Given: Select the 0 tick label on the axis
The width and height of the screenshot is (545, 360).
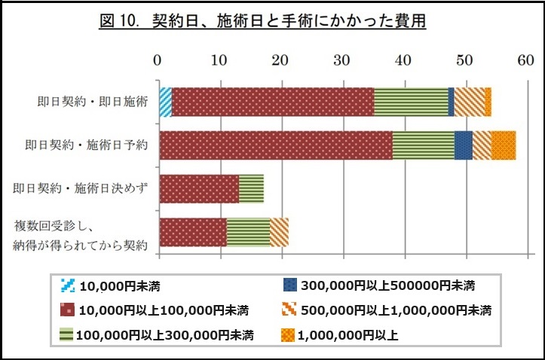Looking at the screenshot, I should [158, 60].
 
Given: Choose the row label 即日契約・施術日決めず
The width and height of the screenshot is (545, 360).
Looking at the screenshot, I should [80, 188].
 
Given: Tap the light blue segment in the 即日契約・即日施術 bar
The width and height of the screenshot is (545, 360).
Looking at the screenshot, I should [165, 102].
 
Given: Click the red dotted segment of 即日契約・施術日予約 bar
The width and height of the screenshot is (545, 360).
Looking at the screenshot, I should [275, 145].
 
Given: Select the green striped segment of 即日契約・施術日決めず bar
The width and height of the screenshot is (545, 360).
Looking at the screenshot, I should [251, 188].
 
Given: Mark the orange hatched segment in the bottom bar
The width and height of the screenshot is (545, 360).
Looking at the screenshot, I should [279, 232].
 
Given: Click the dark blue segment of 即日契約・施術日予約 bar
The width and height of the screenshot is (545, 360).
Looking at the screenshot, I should [463, 145].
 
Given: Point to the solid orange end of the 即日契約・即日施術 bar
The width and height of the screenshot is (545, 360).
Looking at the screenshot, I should [488, 102].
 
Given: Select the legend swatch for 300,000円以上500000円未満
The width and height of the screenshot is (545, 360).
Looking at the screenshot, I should [289, 286].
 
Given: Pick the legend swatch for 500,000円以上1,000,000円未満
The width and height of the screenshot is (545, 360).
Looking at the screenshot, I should [289, 310].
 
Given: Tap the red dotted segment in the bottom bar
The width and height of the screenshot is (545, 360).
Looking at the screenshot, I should [192, 232].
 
